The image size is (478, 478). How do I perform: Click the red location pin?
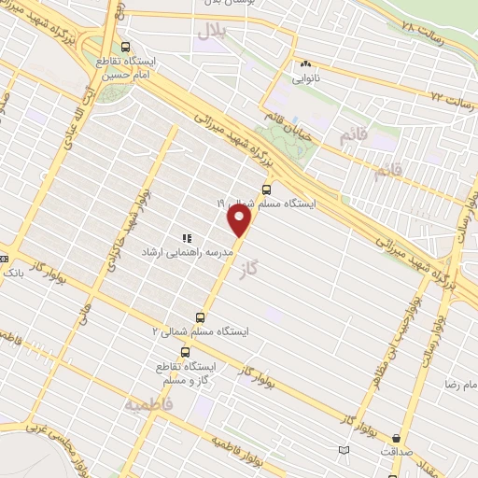(x=240, y=219)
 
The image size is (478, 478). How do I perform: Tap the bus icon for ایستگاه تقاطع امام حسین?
(x=126, y=47)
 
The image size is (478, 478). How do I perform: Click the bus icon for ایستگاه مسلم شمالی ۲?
(x=199, y=317)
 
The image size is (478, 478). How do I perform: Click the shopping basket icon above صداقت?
(x=397, y=437)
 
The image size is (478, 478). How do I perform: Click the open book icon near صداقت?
(x=344, y=451)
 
